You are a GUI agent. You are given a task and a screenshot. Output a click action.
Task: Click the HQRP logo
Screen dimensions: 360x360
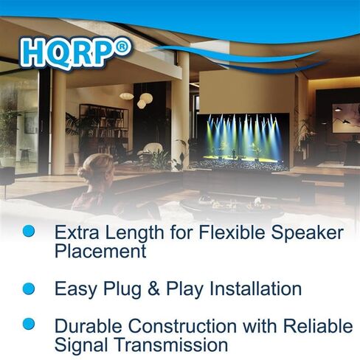tap(76, 52)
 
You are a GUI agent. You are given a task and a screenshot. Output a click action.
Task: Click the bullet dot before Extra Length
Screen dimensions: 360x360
tap(29, 231)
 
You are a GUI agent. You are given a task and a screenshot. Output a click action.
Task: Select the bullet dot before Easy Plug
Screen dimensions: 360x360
tap(29, 288)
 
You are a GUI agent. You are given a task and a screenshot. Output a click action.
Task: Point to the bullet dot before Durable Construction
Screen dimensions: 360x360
tap(29, 324)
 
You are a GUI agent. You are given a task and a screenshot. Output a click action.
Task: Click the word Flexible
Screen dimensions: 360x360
tap(232, 232)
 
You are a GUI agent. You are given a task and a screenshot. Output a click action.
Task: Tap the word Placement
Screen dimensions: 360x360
tap(100, 251)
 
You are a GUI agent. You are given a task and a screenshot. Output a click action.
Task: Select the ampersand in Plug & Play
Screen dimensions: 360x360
tap(153, 288)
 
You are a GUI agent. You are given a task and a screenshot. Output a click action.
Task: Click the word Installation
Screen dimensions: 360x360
tap(255, 288)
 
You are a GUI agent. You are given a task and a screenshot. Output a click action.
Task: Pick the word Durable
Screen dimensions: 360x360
tap(88, 326)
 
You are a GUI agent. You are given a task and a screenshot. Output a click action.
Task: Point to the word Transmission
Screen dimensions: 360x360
tap(171, 345)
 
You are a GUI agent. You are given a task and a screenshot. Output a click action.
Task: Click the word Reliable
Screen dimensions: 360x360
tap(318, 326)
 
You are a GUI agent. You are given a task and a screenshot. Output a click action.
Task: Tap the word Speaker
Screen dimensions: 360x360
tap(307, 233)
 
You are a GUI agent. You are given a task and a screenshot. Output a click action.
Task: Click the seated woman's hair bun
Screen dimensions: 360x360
tap(84, 173)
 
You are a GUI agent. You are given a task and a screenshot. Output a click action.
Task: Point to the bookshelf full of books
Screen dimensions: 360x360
tap(104, 130)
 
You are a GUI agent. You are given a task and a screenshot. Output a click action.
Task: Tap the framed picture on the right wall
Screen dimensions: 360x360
tap(346, 118)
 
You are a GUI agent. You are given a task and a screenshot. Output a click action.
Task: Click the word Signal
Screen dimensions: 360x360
tap(81, 345)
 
